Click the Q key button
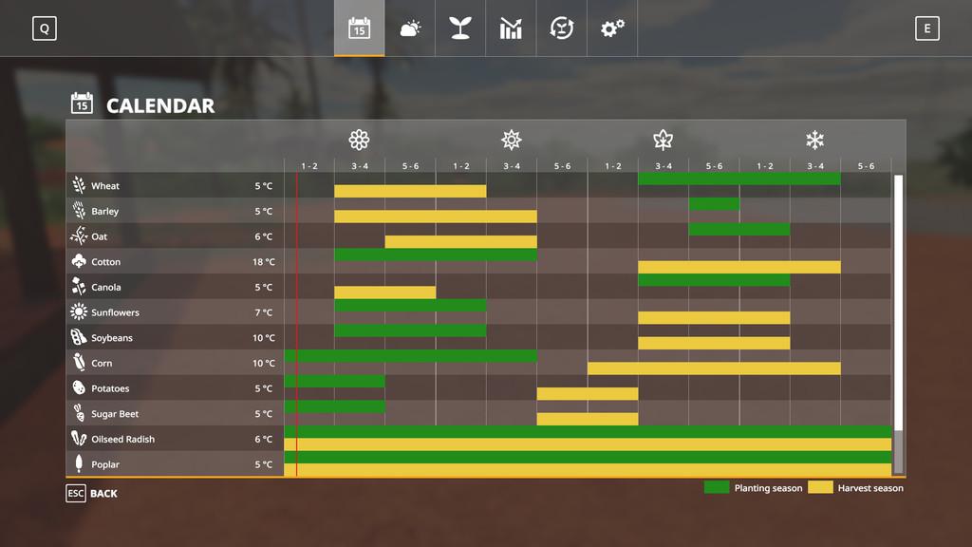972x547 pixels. [x=44, y=28]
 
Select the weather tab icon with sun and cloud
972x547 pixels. [x=410, y=28]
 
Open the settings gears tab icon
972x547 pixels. [x=612, y=28]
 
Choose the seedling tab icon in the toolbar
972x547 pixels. [x=460, y=28]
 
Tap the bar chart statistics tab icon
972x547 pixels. [x=511, y=28]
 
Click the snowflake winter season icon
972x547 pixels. [x=814, y=141]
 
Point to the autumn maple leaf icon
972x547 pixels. [x=663, y=141]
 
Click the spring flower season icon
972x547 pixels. [x=359, y=141]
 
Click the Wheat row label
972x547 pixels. [x=105, y=186]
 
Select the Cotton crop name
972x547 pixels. [x=105, y=262]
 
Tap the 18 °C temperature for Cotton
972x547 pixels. [x=264, y=262]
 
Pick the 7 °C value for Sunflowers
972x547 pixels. [x=264, y=312]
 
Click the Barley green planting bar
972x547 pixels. [x=714, y=204]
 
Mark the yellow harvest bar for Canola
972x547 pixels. [x=384, y=292]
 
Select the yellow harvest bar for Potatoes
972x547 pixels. [x=587, y=394]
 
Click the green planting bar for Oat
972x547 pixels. [x=738, y=229]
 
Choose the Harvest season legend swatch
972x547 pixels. [x=820, y=487]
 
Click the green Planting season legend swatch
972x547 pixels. [x=717, y=487]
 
